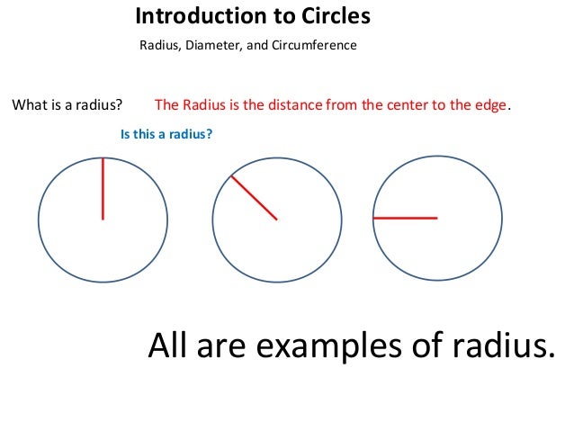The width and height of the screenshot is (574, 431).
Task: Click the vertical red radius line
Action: click(x=103, y=189)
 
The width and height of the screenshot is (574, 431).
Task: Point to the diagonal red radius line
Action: click(x=254, y=198)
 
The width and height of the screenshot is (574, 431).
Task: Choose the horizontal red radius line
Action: click(x=405, y=218)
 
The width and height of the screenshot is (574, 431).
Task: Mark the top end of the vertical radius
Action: click(x=103, y=159)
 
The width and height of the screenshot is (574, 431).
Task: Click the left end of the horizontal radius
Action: click(x=374, y=218)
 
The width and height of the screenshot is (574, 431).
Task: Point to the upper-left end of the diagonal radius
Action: click(x=232, y=176)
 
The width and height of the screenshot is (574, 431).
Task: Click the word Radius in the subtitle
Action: click(x=158, y=45)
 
